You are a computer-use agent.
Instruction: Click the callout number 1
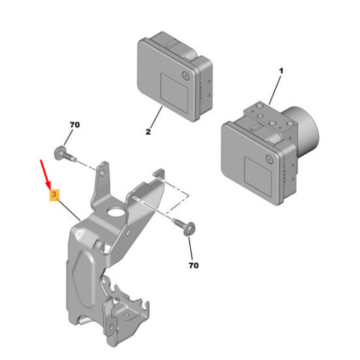[x=281, y=71]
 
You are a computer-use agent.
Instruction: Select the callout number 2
[x=148, y=132]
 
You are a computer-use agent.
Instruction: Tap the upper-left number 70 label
[x=74, y=126]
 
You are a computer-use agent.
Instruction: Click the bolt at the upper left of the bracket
[x=63, y=153]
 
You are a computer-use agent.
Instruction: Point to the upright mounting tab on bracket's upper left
[x=103, y=180]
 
